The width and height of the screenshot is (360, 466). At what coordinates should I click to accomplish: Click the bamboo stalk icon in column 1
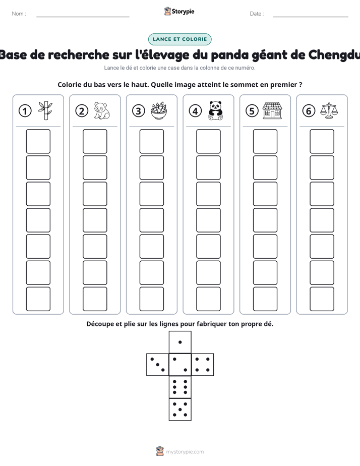45,110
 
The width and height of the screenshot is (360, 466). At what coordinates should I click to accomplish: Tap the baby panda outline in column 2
101,110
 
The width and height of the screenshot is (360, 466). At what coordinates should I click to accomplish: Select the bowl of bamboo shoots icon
159,111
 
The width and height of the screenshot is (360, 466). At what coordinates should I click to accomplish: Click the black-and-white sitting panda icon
215,110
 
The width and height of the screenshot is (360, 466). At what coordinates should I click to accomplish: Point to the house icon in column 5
272,110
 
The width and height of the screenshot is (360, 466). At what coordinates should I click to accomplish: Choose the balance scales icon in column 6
329,110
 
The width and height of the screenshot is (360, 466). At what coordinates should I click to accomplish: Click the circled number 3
139,111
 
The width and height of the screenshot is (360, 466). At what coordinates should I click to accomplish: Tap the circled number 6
309,111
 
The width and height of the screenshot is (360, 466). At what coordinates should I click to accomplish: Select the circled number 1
25,111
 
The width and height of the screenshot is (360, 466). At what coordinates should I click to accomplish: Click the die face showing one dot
180,342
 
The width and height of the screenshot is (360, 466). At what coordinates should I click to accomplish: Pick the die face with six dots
180,387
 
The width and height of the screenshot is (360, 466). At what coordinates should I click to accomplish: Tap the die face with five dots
180,409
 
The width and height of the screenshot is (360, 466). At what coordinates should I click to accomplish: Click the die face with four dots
203,365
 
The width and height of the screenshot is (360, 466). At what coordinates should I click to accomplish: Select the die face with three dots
158,365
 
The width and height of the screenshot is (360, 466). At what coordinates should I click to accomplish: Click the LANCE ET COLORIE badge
179,39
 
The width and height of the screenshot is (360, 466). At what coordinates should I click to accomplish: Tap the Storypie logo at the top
179,11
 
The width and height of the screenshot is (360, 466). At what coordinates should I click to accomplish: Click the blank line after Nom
83,17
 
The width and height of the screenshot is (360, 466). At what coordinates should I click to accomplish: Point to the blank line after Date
311,17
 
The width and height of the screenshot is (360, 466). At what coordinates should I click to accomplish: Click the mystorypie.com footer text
185,452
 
